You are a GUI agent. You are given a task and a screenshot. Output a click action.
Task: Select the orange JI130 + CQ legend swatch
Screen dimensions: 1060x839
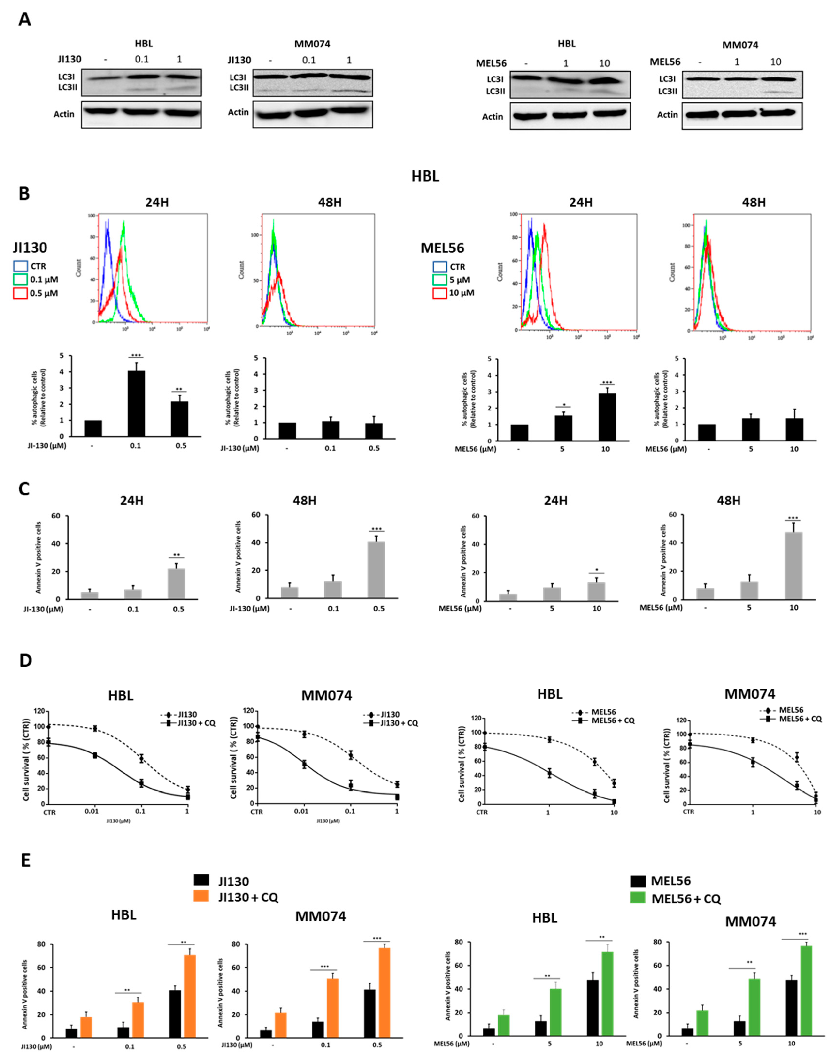[x=201, y=897]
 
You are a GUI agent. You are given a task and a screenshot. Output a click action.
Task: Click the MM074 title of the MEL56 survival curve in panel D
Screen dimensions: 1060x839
[x=749, y=694]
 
